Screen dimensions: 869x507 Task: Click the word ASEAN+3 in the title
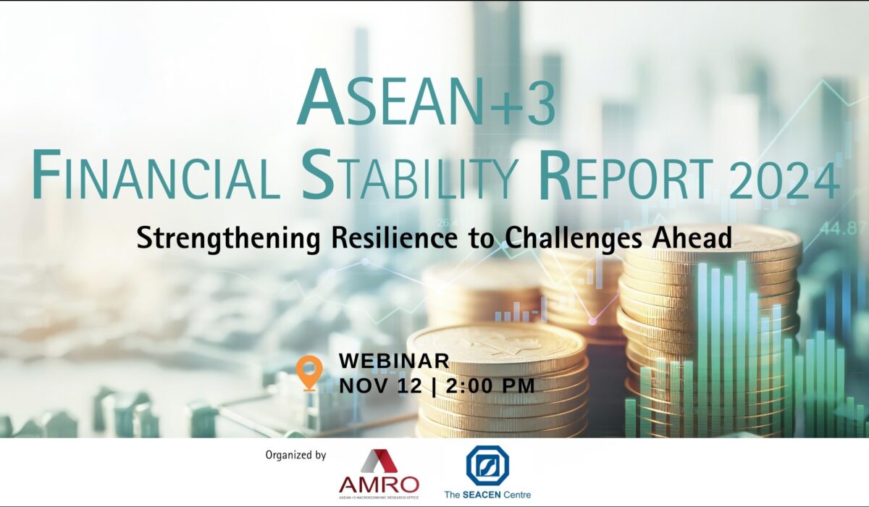[x=426, y=98]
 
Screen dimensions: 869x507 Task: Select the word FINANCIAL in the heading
[x=156, y=175]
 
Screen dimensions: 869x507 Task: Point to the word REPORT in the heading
[x=627, y=175]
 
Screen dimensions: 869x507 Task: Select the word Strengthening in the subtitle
[x=229, y=238]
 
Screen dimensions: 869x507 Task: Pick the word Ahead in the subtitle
[x=692, y=237]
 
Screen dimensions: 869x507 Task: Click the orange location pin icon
[x=309, y=373]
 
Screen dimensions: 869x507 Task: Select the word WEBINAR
[x=394, y=361]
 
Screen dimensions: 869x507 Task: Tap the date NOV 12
[x=381, y=386]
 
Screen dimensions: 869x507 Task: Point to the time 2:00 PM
[x=491, y=386]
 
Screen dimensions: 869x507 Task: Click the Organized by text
[x=295, y=455]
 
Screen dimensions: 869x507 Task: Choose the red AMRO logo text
[x=379, y=484]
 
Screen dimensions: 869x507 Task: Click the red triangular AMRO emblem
[x=379, y=461]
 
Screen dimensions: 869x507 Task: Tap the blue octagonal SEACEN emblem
[x=487, y=466]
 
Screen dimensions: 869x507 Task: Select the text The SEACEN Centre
[x=487, y=495]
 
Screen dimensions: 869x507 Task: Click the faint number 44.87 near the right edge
[x=846, y=229]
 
